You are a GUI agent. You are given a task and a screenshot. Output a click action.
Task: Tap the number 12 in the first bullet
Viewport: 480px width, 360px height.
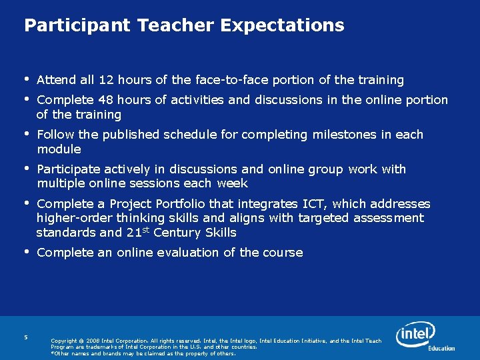pos(105,80)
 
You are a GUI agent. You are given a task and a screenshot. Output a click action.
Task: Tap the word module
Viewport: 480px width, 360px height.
pos(59,149)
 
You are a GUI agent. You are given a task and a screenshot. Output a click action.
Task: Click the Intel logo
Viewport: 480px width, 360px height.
pos(415,334)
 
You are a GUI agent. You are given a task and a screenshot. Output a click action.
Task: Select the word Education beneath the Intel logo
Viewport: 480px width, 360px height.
pos(441,348)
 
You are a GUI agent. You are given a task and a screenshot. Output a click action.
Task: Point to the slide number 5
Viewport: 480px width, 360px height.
pos(25,337)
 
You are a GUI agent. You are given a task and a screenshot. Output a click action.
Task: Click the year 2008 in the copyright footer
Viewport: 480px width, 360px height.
pos(93,341)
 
